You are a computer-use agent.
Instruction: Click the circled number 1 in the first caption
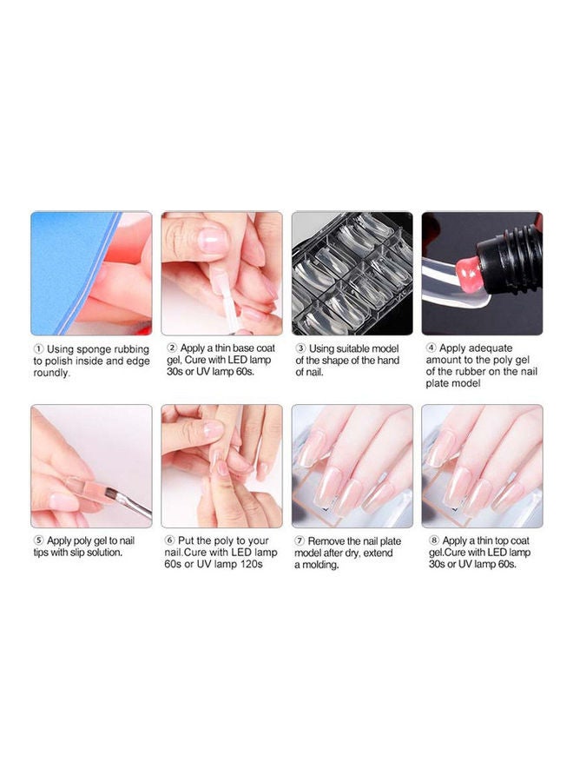38,348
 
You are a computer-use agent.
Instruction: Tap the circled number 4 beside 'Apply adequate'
431,348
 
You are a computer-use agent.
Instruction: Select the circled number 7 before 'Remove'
300,540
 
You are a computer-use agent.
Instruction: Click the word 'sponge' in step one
94,349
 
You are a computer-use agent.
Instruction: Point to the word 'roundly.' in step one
52,373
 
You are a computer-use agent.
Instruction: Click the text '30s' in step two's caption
175,372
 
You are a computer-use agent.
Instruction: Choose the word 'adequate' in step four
491,348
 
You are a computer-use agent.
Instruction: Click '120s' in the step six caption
251,564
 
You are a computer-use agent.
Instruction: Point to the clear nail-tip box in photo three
352,274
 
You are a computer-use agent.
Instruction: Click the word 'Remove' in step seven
326,541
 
